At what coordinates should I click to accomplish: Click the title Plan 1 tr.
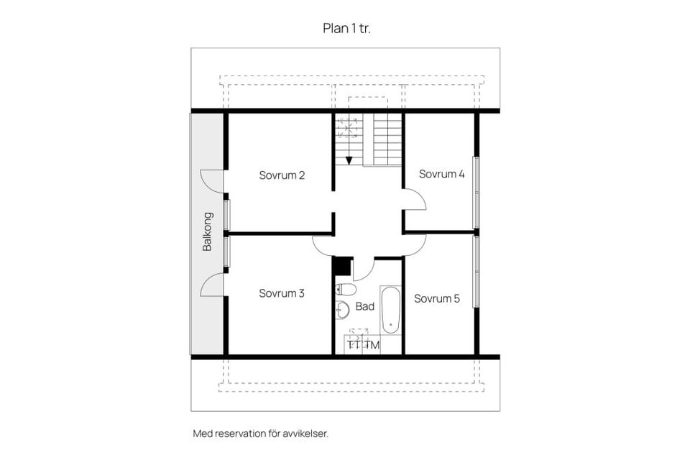[346, 29]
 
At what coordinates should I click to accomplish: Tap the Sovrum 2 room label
[282, 175]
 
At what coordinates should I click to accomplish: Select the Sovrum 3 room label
[282, 293]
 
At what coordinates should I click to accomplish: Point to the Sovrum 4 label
[441, 174]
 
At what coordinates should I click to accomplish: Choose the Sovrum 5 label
[437, 298]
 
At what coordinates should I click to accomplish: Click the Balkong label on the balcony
[207, 231]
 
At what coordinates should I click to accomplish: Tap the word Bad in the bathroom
[365, 306]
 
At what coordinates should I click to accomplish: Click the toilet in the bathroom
[346, 289]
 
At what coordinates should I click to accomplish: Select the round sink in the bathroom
[342, 310]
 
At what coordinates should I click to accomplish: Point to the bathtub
[391, 310]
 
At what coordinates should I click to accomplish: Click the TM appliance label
[372, 345]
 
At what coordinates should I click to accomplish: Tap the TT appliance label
[354, 345]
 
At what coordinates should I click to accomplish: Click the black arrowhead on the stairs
[349, 161]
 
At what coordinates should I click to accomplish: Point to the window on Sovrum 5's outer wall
[476, 272]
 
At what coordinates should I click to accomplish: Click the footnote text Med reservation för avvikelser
[261, 433]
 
